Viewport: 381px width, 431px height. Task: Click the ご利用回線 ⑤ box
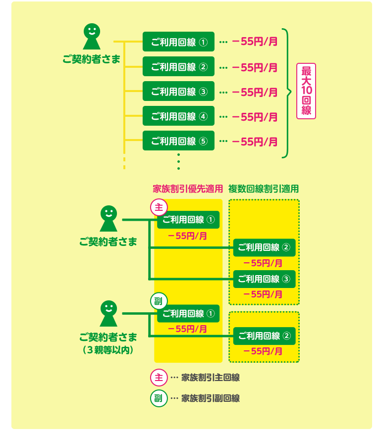(178, 141)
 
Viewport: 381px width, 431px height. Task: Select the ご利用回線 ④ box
(178, 116)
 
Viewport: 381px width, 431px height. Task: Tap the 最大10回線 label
(306, 91)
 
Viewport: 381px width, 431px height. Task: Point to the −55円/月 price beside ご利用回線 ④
(255, 117)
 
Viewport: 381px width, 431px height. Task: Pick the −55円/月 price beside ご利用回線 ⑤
(255, 142)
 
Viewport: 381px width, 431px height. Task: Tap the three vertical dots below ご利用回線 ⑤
(178, 162)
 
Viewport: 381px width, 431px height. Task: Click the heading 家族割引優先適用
(188, 189)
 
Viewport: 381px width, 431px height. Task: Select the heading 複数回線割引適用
(264, 189)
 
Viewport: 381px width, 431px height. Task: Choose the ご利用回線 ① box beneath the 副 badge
(188, 314)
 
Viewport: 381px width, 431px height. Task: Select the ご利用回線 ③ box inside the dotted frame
(264, 279)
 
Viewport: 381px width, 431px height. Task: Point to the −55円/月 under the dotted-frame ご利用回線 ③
(263, 294)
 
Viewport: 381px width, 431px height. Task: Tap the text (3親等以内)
(108, 349)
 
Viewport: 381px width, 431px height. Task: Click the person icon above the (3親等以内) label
(109, 314)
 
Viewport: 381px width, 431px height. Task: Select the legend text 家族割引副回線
(211, 398)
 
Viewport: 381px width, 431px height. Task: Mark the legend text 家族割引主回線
(211, 378)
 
